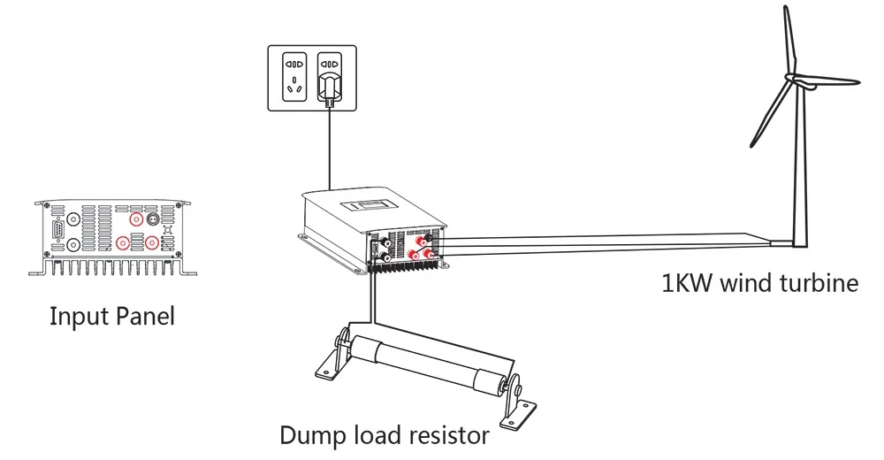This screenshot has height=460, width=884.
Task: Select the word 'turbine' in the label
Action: (818, 283)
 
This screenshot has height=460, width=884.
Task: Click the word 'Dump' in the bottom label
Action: (308, 435)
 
